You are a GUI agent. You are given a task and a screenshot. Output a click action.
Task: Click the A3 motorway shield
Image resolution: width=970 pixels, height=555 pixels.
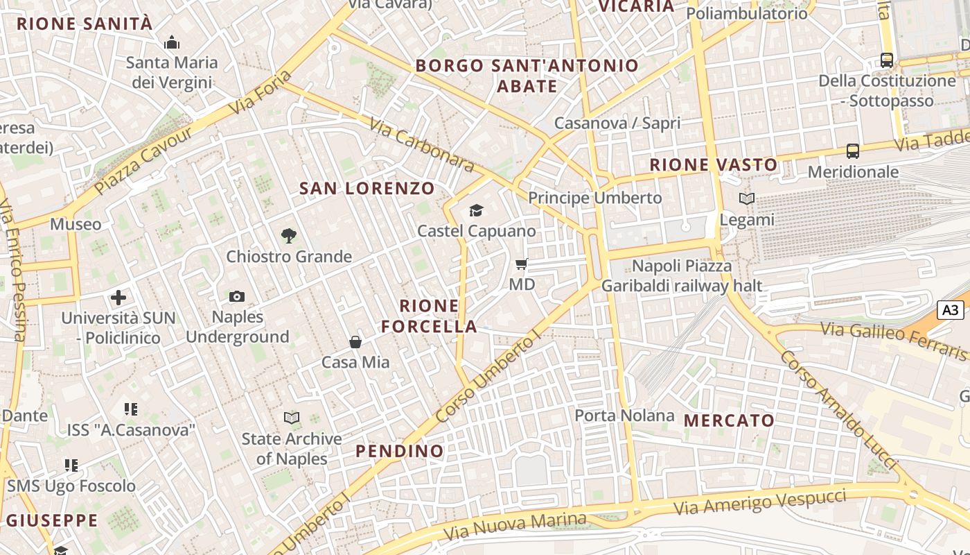pos(951,310)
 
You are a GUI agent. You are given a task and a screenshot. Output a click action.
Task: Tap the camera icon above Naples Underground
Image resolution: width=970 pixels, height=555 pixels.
pos(237,297)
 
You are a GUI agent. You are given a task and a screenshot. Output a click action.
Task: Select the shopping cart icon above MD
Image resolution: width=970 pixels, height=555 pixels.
pos(522,264)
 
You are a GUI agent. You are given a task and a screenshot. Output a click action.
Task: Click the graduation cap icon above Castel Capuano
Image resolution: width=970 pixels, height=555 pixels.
pos(476,210)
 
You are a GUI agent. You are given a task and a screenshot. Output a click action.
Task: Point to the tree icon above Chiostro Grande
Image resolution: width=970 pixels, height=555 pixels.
pos(289,236)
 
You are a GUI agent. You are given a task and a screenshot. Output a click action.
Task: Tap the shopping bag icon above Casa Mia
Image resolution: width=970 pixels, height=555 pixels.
pos(355,341)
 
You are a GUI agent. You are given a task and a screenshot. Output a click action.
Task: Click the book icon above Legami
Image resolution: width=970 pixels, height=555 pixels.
pos(746,199)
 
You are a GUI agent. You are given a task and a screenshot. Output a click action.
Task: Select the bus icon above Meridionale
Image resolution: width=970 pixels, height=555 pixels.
pos(853,151)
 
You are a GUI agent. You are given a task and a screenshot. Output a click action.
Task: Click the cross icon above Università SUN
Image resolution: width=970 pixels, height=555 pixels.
pos(118,298)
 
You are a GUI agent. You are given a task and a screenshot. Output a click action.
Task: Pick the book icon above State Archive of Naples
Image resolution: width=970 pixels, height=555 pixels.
pos(292,418)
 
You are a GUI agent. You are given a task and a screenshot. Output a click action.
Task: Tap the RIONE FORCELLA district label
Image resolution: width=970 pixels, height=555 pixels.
pos(430,316)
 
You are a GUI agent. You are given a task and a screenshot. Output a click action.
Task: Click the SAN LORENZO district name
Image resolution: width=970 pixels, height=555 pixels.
pos(367,188)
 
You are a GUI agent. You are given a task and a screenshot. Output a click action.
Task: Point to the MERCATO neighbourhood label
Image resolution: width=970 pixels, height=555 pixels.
pos(729,420)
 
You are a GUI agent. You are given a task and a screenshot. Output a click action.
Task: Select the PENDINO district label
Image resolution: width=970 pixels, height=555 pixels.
pos(400,451)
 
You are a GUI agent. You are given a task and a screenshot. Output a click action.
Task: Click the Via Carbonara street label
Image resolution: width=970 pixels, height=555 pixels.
pos(421,144)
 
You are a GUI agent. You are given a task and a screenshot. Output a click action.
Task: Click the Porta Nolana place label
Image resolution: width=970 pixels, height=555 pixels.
pos(624,416)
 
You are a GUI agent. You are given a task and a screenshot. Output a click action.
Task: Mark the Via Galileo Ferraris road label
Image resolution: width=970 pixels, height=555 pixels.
pos(894,340)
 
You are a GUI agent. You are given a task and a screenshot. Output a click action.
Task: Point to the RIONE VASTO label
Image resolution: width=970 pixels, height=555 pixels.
pos(714,165)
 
